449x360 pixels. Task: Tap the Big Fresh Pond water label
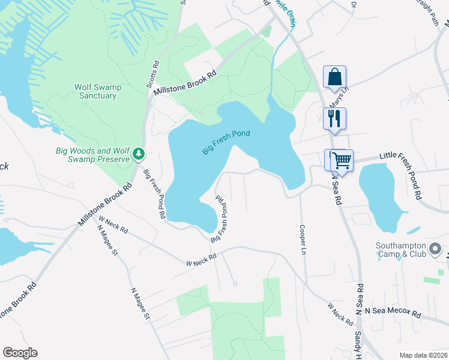(226, 142)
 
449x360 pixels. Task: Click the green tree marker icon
(139, 155)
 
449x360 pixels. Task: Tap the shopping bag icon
(334, 77)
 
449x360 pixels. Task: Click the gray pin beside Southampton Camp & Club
(436, 248)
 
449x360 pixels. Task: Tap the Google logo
(20, 353)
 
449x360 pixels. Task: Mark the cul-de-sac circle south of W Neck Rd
(235, 283)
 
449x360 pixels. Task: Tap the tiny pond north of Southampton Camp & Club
(413, 230)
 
